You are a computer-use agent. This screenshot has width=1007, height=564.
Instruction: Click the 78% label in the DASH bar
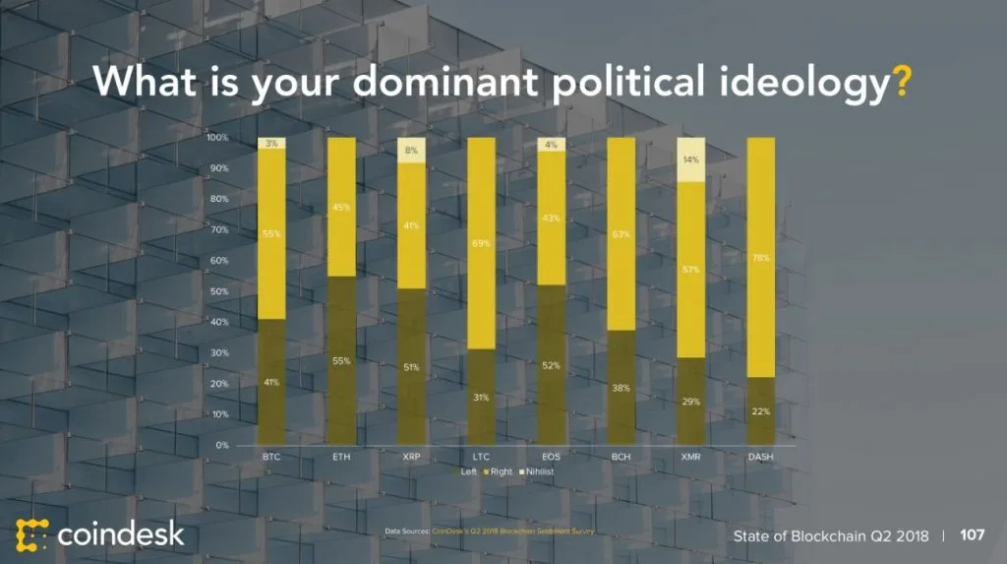pyautogui.click(x=761, y=259)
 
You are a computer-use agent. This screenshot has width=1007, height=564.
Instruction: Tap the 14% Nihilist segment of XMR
pyautogui.click(x=691, y=159)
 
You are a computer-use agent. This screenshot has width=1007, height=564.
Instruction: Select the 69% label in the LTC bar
pyautogui.click(x=481, y=243)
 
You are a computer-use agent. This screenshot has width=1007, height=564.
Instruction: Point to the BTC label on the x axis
pyautogui.click(x=271, y=458)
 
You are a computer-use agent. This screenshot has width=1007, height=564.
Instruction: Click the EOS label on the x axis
pyautogui.click(x=551, y=458)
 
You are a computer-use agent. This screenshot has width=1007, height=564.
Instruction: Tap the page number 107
pyautogui.click(x=972, y=535)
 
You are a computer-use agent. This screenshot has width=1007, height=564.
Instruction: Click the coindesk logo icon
pyautogui.click(x=30, y=533)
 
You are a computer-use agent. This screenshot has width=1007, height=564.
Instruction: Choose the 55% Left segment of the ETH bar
pyautogui.click(x=341, y=361)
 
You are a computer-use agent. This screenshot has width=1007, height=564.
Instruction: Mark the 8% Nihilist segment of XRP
pyautogui.click(x=411, y=151)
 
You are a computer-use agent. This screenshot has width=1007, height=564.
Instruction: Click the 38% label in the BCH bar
pyautogui.click(x=621, y=388)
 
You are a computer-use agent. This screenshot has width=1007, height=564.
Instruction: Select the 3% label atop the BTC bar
pyautogui.click(x=271, y=144)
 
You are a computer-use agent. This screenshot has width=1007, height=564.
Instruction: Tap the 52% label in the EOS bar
pyautogui.click(x=551, y=366)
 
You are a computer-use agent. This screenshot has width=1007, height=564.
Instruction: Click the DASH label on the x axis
pyautogui.click(x=761, y=458)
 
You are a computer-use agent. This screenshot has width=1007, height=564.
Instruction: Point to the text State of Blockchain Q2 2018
pyautogui.click(x=830, y=535)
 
